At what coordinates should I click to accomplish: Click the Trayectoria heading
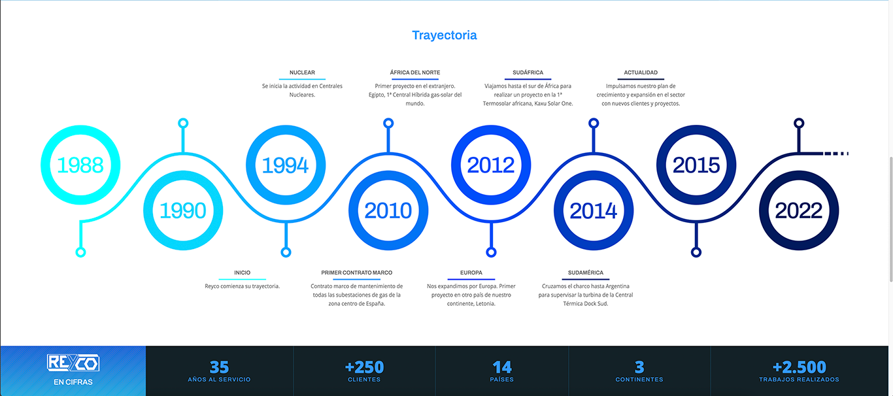pos(444,35)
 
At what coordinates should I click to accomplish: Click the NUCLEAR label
pos(302,73)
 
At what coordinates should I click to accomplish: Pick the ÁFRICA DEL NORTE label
pos(415,73)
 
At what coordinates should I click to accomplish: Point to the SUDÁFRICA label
pos(528,73)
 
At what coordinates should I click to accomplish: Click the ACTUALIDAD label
pos(641,73)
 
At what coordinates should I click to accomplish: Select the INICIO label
pos(243,272)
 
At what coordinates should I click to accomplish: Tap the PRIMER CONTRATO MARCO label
pos(357,272)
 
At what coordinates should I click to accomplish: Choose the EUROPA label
pos(471,272)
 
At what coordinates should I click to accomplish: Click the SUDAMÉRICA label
pos(586,272)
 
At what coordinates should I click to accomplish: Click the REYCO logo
pos(73,363)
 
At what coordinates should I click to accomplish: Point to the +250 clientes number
pos(364,367)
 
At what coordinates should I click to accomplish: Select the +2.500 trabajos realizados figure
pos(799,367)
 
